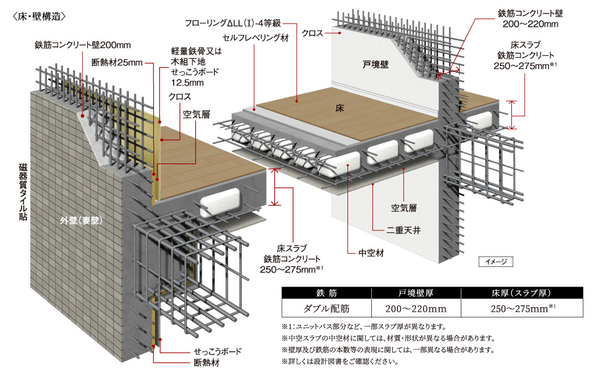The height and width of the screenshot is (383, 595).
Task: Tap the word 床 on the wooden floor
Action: [x=340, y=109]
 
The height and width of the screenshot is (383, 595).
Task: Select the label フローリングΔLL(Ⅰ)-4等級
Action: [x=233, y=23]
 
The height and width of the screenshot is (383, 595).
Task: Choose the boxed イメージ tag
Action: [x=496, y=262]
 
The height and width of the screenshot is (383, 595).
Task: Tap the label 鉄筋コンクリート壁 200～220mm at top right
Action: [x=529, y=18]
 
